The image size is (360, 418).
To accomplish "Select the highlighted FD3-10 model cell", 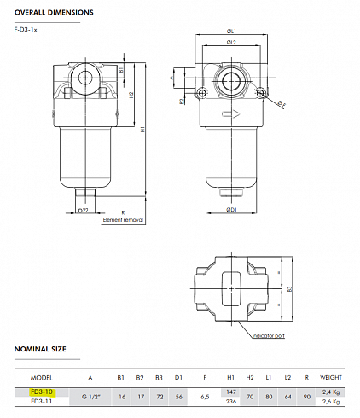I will point(42,392).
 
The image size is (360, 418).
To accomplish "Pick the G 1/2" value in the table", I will point(91,397).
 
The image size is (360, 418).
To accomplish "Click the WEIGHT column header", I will point(331,376).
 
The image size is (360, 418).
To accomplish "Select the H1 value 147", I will point(230,392).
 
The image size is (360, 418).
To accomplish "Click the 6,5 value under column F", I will point(204,397).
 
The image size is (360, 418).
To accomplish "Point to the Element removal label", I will point(124,219).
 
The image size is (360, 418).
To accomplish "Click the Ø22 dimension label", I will point(82,210).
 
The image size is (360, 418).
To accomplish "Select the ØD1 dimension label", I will point(231,209).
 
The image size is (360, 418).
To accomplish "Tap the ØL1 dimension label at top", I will point(231,32).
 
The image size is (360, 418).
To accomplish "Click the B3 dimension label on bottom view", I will point(290,289).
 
